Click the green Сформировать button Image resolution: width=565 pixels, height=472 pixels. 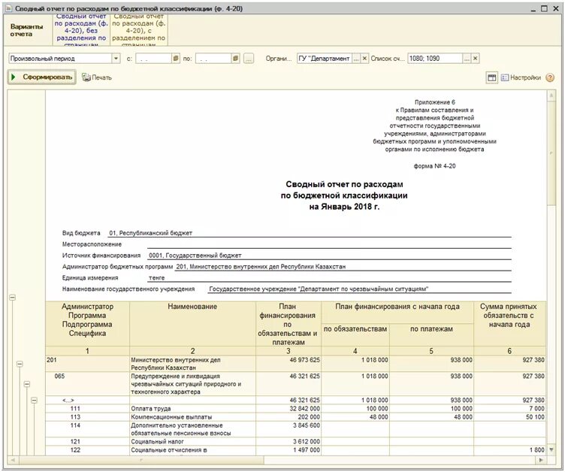click(x=42, y=77)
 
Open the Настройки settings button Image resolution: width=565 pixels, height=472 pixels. click(x=521, y=77)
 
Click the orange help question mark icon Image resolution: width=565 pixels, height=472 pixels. click(x=550, y=77)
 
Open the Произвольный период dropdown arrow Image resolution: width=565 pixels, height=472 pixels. click(x=116, y=58)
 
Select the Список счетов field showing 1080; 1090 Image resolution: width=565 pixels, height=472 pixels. click(x=434, y=58)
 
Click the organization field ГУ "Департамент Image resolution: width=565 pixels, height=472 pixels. click(x=324, y=58)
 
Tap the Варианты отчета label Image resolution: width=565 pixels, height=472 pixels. click(x=26, y=29)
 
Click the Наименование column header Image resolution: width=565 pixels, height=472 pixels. click(x=192, y=307)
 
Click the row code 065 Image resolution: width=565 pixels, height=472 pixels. click(x=59, y=376)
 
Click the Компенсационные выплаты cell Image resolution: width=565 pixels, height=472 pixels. click(x=171, y=416)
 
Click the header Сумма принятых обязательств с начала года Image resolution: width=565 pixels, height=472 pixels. click(x=509, y=316)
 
